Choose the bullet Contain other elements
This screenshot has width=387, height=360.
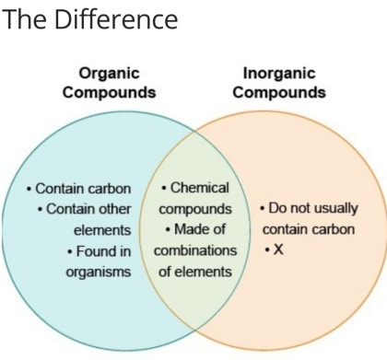[88, 219]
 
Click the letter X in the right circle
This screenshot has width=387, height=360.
[278, 250]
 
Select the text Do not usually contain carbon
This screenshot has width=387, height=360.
[307, 218]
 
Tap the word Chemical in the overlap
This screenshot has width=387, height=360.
[199, 187]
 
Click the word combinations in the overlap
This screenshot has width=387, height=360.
[195, 250]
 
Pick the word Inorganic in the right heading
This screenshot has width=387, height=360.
[278, 73]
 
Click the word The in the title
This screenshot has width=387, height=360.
[23, 18]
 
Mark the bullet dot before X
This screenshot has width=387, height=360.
[267, 250]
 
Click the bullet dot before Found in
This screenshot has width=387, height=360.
[70, 250]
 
